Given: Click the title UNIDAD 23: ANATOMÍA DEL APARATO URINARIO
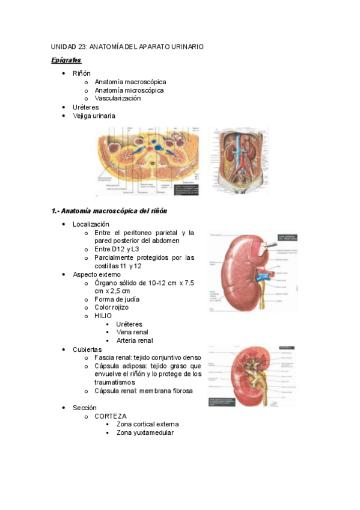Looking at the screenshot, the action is (127, 46).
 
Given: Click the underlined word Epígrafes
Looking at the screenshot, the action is (66, 61).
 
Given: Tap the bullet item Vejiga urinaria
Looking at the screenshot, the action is (94, 115).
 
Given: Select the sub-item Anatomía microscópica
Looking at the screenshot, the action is (129, 90).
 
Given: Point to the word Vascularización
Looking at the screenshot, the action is (117, 98).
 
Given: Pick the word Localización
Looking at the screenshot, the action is (91, 224).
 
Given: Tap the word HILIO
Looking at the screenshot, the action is (103, 315).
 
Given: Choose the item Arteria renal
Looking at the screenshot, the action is (134, 340).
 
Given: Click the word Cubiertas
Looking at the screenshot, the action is (87, 349).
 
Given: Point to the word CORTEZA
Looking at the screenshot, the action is (110, 416).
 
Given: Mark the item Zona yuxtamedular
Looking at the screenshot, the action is (145, 432).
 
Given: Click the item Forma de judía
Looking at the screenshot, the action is (117, 299).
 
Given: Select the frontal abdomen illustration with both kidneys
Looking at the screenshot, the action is (237, 160).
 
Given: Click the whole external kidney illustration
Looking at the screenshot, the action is (251, 272).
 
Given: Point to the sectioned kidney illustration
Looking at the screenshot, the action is (251, 376).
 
